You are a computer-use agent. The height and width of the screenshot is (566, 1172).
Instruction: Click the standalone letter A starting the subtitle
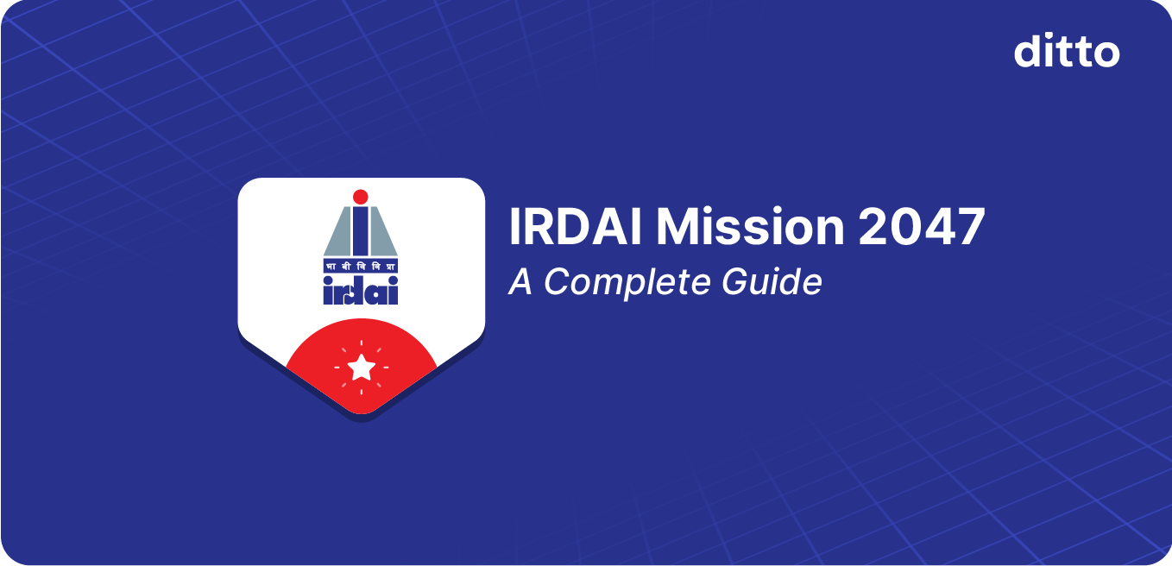(x=521, y=281)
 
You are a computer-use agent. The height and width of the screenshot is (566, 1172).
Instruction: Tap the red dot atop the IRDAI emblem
(x=361, y=196)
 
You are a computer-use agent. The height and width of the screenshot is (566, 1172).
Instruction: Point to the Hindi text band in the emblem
(x=361, y=265)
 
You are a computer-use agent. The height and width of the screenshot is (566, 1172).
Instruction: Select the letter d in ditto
(x=1027, y=52)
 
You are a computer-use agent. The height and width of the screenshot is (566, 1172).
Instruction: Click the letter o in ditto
(x=1106, y=54)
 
